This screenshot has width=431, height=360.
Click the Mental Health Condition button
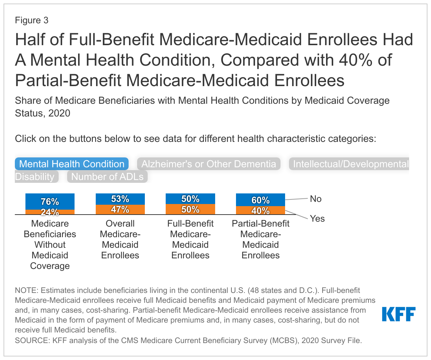tap(72, 164)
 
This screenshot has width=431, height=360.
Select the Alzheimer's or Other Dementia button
tap(209, 164)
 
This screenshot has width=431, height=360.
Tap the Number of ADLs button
tap(107, 177)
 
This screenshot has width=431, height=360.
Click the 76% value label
tap(50, 202)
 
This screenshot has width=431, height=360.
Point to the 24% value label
tap(50, 212)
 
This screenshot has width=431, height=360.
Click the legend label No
tap(315, 199)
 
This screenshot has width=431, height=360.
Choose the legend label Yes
tap(317, 219)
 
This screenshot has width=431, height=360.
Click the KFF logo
tap(398, 314)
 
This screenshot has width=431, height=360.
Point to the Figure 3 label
tap(31, 20)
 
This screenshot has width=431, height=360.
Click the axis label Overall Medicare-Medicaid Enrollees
tap(120, 239)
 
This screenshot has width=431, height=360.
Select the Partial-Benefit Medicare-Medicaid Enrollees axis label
tap(260, 239)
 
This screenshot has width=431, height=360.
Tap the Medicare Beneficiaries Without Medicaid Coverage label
tap(50, 245)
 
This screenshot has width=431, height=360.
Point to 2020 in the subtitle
tap(59, 113)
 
